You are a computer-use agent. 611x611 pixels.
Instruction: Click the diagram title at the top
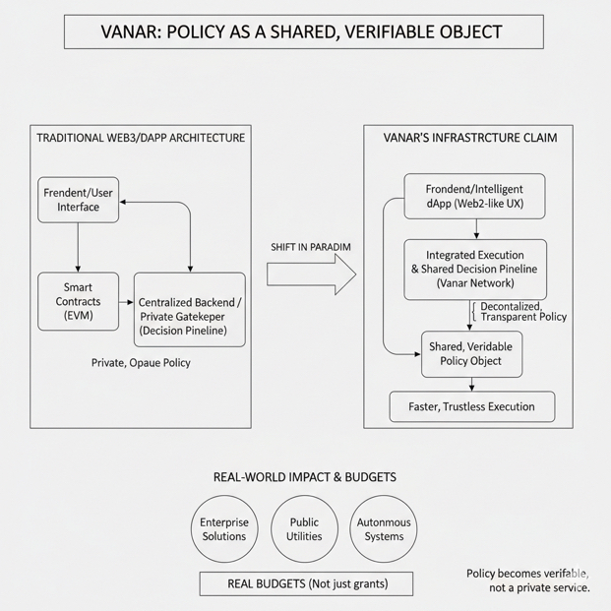(303, 31)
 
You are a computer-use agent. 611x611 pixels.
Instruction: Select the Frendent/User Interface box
(79, 200)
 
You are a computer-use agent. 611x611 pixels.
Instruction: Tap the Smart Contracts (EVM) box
(78, 301)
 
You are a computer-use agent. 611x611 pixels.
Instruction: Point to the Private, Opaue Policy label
(141, 362)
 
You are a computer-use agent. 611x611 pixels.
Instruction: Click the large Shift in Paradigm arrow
(311, 274)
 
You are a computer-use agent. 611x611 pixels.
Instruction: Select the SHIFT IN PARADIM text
(311, 246)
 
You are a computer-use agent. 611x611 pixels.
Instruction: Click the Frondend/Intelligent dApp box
(474, 196)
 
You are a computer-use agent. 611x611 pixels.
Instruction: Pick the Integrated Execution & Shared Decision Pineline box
(474, 269)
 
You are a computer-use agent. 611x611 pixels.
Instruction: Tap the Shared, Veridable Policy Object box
(472, 354)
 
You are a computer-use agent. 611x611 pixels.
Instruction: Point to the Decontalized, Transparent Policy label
(523, 312)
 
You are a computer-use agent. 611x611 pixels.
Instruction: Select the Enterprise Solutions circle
(224, 529)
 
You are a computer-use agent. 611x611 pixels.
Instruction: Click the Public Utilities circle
(304, 529)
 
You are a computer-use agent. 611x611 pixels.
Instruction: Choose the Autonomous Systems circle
(384, 529)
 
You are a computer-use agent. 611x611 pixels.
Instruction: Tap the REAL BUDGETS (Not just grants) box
(306, 583)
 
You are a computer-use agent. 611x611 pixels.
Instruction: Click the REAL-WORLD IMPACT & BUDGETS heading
(304, 477)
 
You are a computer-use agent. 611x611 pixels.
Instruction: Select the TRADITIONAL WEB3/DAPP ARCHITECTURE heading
(141, 138)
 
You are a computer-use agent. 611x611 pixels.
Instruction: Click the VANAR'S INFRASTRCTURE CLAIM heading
(469, 138)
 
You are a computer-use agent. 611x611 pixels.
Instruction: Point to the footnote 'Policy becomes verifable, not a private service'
(528, 580)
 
